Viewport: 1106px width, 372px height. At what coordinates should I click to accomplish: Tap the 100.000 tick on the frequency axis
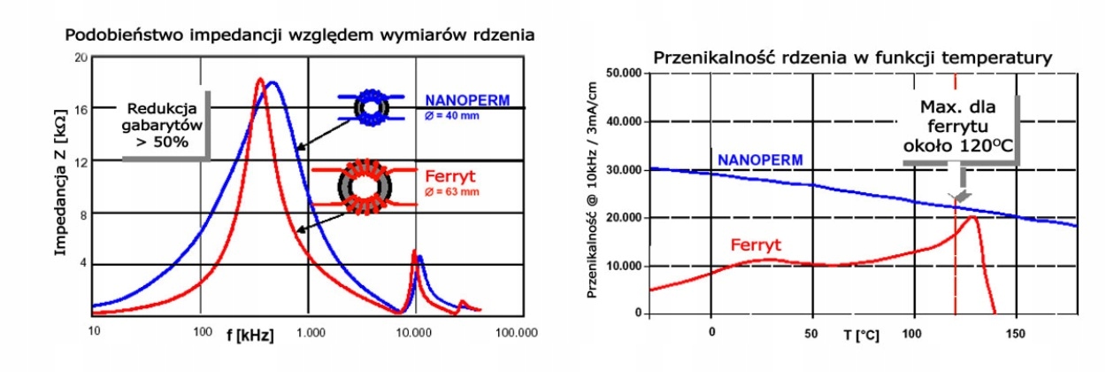tap(517, 334)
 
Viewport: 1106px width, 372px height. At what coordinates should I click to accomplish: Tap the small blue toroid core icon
tap(372, 105)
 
